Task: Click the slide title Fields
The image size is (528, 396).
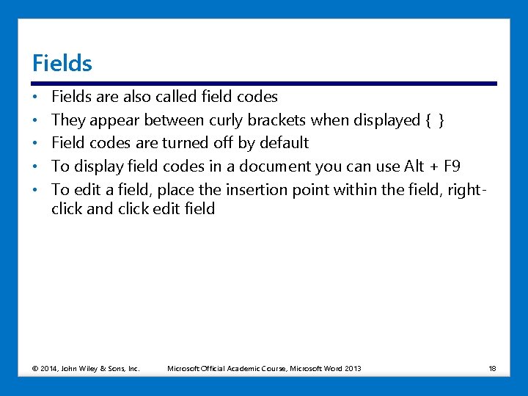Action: coord(62,64)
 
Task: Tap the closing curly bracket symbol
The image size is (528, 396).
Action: coord(440,120)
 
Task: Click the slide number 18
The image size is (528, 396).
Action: coord(492,368)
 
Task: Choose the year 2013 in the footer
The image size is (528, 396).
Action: coord(353,368)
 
